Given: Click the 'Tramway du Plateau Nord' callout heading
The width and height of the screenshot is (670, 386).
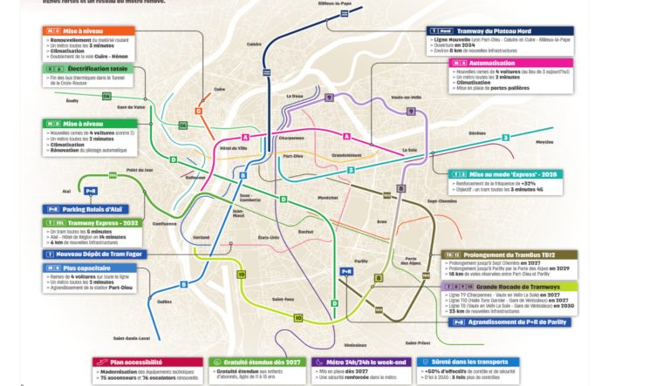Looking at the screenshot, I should tap(497, 30).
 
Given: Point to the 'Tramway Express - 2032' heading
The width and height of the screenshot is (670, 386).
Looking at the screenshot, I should tap(96, 223).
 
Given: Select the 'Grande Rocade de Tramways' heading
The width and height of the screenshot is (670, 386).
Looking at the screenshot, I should tap(523, 286).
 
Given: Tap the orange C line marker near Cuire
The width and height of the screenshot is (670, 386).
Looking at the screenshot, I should tap(198, 111).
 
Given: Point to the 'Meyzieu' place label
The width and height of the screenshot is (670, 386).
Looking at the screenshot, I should tap(544, 141).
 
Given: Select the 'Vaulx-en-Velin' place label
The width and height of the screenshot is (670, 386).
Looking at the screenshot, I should tap(407, 97).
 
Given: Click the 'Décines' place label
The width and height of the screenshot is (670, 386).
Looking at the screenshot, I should tap(477, 132).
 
